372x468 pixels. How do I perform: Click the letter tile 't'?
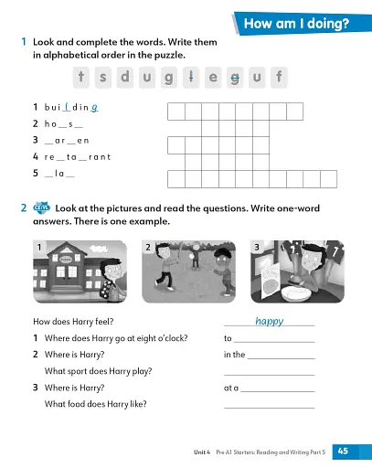pos(82,78)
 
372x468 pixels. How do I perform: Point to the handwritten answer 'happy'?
pos(269,321)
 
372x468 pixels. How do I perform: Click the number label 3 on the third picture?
pos(259,248)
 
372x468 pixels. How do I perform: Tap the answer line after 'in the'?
pos(281,356)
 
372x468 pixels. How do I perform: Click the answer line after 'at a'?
pos(277,388)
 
